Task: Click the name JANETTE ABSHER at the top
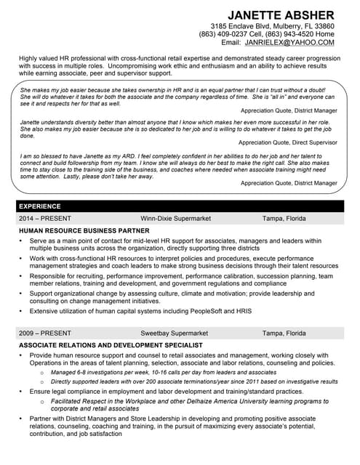(281, 15)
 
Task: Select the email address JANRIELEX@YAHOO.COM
(289, 43)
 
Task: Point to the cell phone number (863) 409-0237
(223, 34)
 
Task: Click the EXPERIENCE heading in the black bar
(39, 206)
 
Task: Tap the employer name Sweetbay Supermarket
(174, 333)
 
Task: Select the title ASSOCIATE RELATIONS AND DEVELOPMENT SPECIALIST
(111, 344)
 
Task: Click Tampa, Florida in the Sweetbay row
(284, 333)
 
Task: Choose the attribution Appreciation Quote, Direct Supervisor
(288, 143)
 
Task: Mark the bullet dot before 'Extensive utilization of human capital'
(22, 311)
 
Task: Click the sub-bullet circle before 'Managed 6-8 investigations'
(41, 372)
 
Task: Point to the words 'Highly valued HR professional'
(65, 57)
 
